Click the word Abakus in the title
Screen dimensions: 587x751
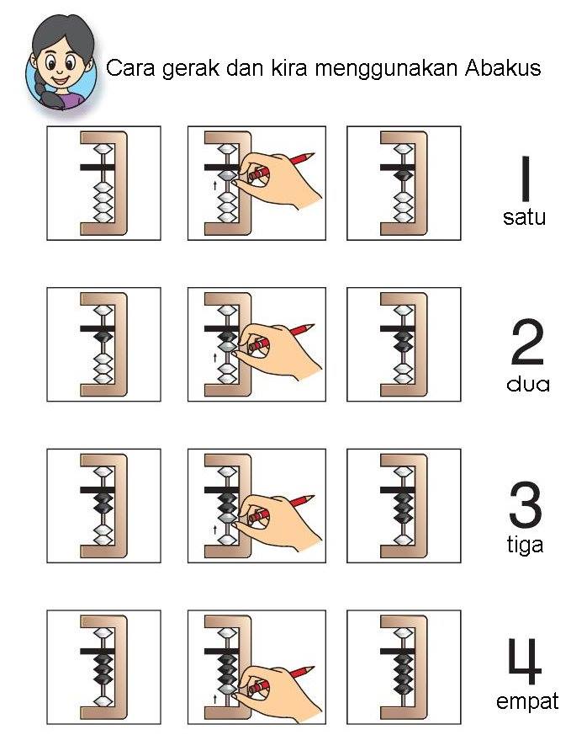pos(503,67)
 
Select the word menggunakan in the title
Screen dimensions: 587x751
pos(386,70)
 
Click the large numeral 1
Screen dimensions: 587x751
pos(526,178)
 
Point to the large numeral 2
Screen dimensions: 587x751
pos(526,342)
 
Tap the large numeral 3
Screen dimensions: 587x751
pos(526,505)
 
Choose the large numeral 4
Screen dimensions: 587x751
pos(525,662)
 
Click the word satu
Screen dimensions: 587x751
pos(524,217)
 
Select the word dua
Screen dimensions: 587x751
pos(527,384)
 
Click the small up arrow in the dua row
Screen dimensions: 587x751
pos(215,357)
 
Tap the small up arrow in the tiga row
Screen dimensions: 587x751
pos(215,530)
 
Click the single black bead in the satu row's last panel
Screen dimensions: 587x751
pos(404,176)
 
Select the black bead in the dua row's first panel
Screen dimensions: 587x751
pos(103,337)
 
